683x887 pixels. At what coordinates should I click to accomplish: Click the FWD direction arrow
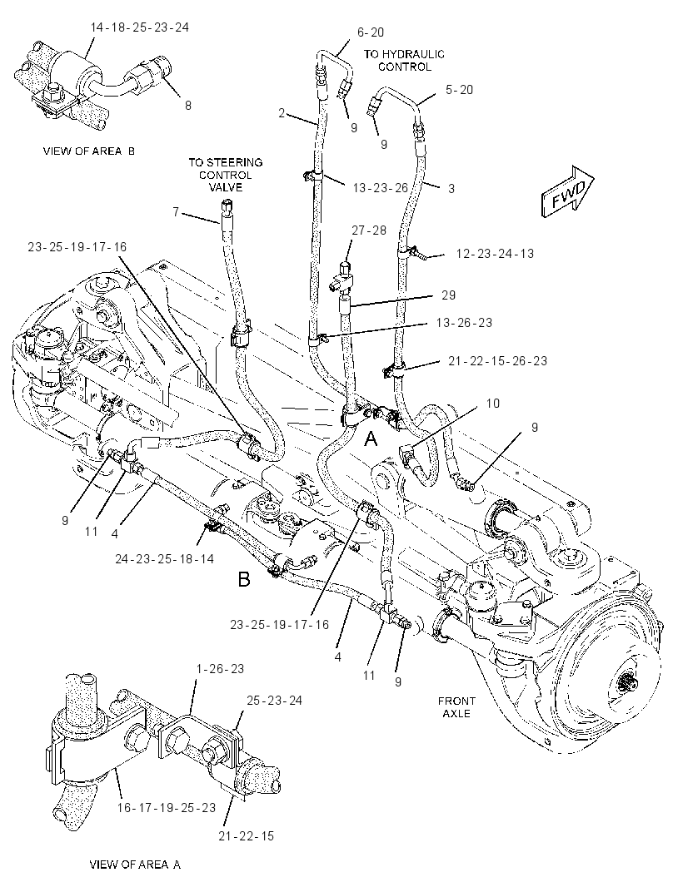point(567,192)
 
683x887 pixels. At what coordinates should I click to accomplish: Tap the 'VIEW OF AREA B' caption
point(89,151)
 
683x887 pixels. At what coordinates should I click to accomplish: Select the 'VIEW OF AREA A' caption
point(135,865)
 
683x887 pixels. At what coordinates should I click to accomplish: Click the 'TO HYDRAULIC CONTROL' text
point(404,61)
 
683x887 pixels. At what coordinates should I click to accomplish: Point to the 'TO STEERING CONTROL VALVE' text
point(226,175)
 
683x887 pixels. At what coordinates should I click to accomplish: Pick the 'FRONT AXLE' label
point(456,707)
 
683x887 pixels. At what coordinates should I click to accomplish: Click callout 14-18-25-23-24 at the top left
point(139,27)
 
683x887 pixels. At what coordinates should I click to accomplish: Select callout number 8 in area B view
point(188,105)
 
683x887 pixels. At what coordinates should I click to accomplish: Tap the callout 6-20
point(371,32)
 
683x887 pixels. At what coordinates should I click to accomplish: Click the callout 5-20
point(459,89)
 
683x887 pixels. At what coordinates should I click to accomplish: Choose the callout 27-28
point(369,230)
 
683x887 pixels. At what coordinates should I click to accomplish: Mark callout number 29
point(449,295)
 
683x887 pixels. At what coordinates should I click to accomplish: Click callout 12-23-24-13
point(495,254)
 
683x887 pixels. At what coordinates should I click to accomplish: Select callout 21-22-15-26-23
point(498,361)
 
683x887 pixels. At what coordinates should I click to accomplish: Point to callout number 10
point(493,404)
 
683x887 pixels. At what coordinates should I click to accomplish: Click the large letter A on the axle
point(371,439)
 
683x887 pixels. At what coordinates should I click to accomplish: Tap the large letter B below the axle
point(244,579)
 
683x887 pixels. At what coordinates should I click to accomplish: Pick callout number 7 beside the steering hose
point(176,212)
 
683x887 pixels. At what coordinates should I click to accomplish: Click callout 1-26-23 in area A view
point(220,669)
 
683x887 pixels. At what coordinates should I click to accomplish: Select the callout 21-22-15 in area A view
point(247,836)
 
